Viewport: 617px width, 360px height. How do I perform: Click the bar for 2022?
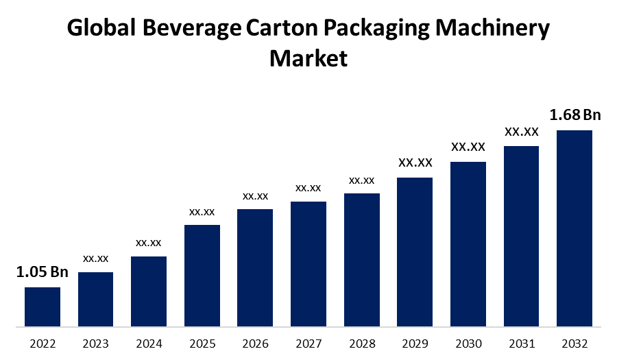pos(43,307)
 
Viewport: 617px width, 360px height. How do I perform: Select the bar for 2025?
pos(202,275)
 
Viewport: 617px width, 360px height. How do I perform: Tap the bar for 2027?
pos(308,263)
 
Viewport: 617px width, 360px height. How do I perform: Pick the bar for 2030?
pos(468,243)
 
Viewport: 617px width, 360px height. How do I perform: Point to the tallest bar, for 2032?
pos(574,228)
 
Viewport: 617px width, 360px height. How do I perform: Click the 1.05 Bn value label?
pos(43,272)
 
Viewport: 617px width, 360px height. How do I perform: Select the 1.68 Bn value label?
pos(574,115)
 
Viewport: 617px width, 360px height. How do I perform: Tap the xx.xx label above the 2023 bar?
pos(96,259)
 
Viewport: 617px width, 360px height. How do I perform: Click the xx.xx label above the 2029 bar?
pos(415,163)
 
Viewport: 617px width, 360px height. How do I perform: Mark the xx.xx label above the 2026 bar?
pos(255,196)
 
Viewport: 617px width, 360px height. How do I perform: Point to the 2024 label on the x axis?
pos(149,343)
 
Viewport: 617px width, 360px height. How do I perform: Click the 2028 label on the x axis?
pos(362,343)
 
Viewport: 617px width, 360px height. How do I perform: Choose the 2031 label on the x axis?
pos(521,343)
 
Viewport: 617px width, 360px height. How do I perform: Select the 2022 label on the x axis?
pos(43,343)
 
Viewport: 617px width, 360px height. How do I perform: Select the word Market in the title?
pos(308,58)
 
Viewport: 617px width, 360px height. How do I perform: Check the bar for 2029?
pos(415,252)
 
